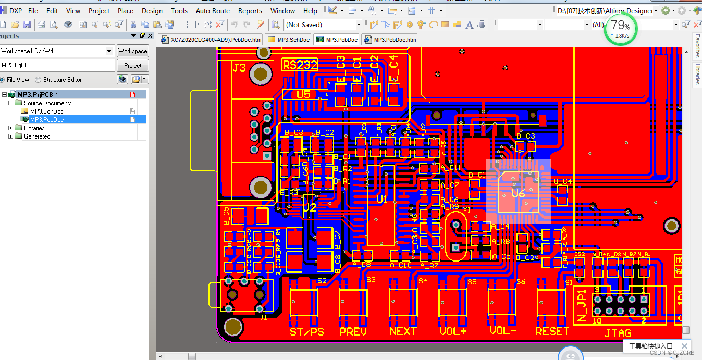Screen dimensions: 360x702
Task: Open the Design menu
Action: pos(152,10)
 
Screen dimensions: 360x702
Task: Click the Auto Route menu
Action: pos(213,10)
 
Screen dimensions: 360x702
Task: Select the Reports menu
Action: pos(250,10)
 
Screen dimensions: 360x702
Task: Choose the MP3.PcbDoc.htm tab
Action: pos(390,40)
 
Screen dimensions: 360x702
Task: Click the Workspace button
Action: pos(132,51)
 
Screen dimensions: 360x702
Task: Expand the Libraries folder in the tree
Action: pos(11,128)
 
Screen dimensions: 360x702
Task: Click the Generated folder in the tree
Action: pos(37,136)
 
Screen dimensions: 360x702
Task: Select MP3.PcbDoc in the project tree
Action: pos(47,120)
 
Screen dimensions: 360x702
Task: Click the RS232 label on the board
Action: pos(300,65)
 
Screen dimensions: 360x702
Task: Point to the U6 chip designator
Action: pos(518,194)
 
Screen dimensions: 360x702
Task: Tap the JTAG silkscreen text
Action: pos(618,333)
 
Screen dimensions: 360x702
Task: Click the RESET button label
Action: pos(552,331)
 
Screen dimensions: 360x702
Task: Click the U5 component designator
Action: pos(303,94)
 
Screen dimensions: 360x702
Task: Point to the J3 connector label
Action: pos(239,68)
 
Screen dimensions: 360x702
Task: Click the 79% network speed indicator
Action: pos(621,28)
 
